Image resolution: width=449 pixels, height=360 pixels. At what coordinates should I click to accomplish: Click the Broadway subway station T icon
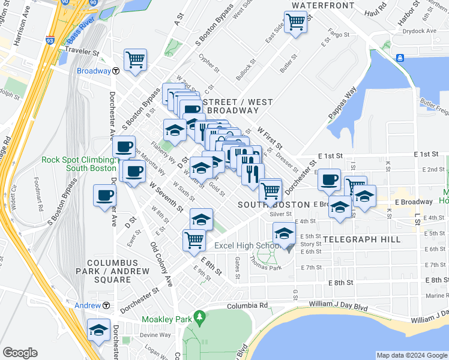(115, 71)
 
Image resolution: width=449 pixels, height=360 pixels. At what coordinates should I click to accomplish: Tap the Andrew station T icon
(106, 305)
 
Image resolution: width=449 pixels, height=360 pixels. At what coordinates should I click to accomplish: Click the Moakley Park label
(166, 320)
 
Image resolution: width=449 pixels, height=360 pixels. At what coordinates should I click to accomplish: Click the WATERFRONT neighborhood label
(323, 5)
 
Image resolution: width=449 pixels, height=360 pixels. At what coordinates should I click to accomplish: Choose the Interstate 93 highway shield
(48, 42)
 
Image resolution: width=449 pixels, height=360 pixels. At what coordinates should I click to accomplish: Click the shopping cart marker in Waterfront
(295, 22)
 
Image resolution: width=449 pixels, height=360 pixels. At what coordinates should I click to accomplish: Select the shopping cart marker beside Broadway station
(136, 59)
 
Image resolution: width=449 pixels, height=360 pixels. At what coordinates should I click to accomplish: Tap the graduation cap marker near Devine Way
(99, 330)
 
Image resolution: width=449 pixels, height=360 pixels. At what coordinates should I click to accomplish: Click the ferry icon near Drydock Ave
(400, 58)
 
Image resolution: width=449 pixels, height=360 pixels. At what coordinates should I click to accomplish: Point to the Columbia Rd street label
(247, 305)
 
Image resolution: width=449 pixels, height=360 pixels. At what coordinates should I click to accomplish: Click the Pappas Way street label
(343, 104)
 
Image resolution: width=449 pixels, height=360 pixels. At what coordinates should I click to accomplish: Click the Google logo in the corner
(20, 353)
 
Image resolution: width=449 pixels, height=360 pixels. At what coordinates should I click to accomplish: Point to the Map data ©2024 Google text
(411, 355)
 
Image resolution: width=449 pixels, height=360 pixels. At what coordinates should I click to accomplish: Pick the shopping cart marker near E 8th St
(194, 239)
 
